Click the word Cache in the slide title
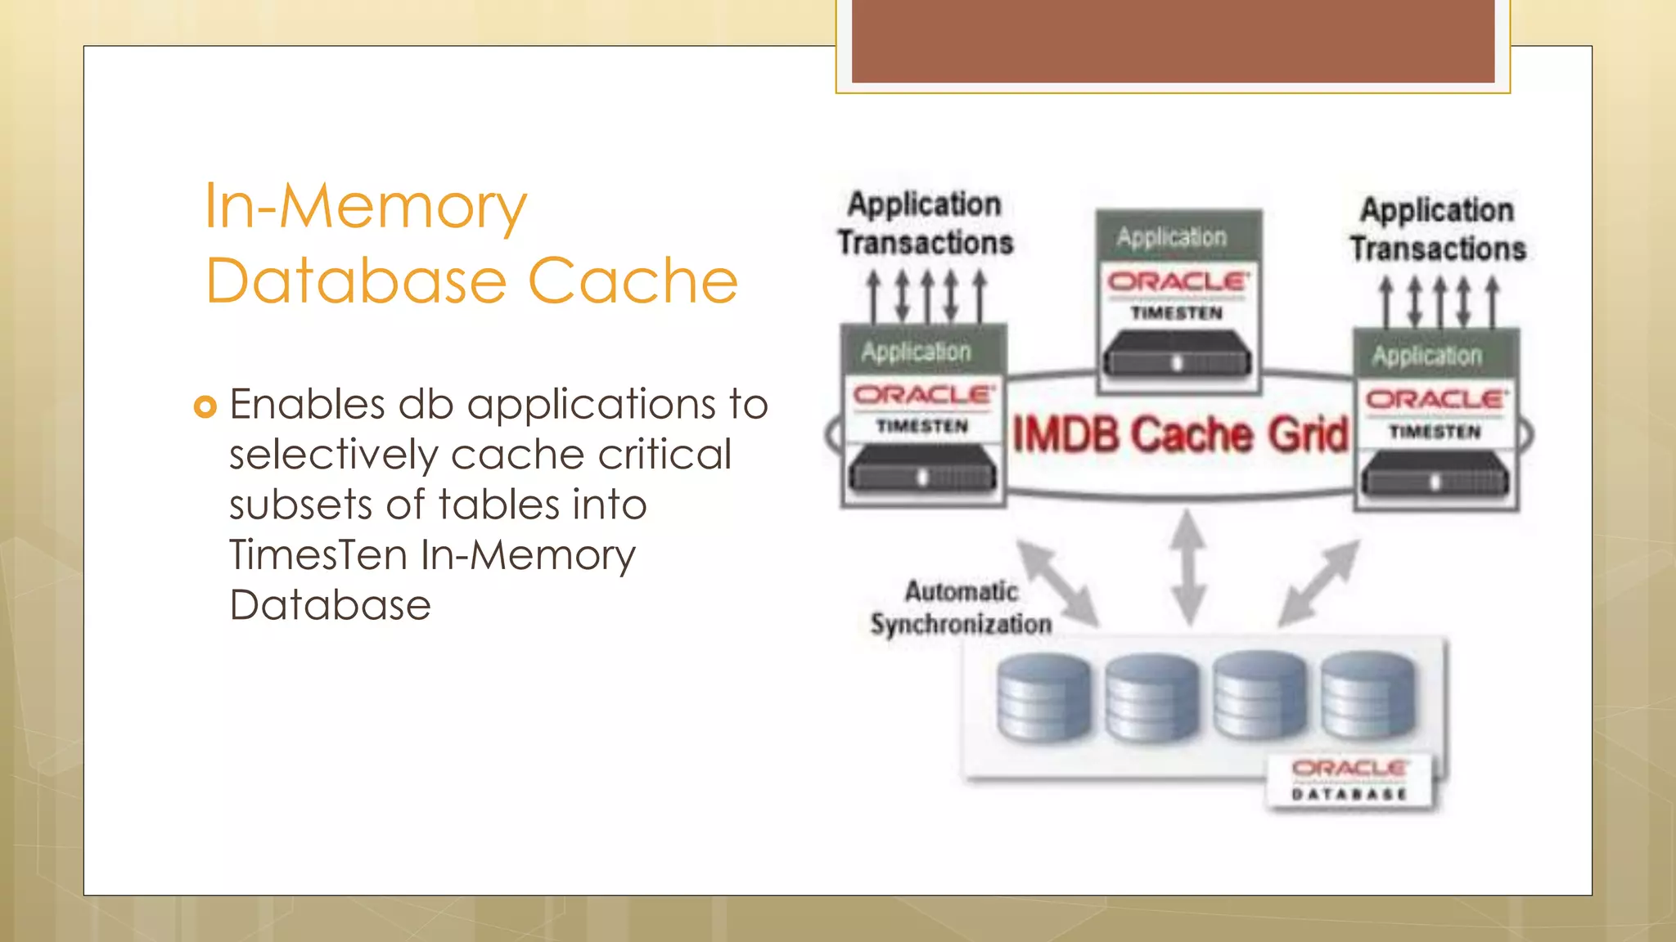(633, 280)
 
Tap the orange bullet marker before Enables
(205, 406)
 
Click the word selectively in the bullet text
(333, 455)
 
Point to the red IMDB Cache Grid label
(1180, 434)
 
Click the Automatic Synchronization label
(962, 608)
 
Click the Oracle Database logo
(1349, 779)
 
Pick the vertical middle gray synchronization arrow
(1188, 567)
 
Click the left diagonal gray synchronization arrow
(1057, 581)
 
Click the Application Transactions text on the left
(925, 223)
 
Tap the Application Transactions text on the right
(1438, 229)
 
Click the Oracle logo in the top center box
(1178, 282)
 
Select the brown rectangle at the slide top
(1173, 41)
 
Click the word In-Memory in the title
(365, 206)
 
